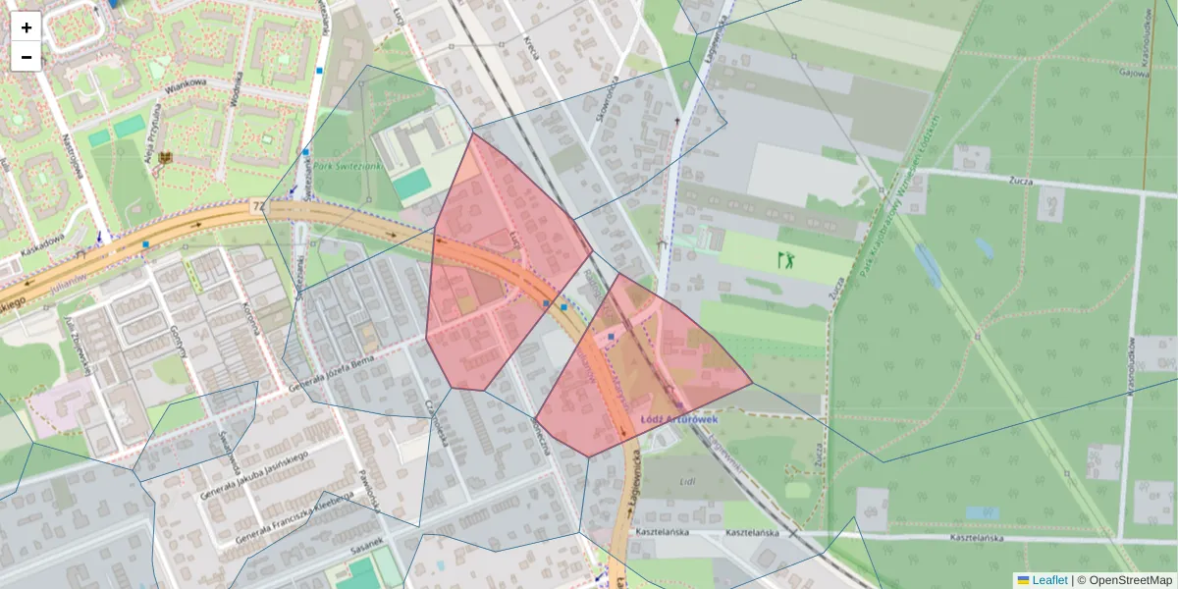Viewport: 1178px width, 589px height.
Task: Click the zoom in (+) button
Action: [27, 27]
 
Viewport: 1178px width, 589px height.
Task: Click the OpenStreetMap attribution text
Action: [1130, 580]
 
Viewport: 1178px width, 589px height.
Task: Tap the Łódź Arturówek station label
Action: [679, 419]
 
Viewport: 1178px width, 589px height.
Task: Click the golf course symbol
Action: [785, 260]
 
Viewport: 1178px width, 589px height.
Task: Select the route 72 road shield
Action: [258, 207]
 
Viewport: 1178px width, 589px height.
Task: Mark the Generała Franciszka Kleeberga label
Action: [294, 516]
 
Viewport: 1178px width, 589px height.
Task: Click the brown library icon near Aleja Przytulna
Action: [164, 157]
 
